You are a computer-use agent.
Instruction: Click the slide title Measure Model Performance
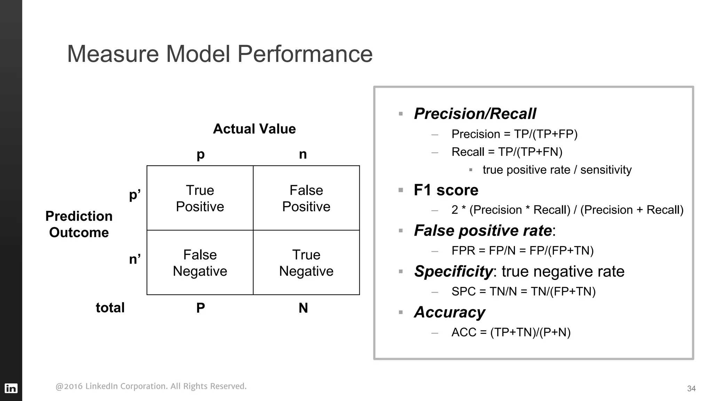tap(219, 54)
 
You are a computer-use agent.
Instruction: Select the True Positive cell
tap(200, 198)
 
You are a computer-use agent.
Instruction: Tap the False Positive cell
tap(306, 198)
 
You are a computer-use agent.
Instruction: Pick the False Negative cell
tap(200, 263)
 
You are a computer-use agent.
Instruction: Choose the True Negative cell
tap(306, 263)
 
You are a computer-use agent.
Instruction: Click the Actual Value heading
tap(254, 129)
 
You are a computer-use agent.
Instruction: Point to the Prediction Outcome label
tap(79, 224)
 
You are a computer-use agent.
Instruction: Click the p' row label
tap(135, 195)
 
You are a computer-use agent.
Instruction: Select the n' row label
tap(135, 259)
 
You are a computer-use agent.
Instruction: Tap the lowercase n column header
tap(303, 154)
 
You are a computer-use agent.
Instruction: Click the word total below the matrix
tap(110, 308)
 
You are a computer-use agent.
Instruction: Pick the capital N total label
tap(303, 308)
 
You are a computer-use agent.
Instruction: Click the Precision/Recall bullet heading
tap(475, 114)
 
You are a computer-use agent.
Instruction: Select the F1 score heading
tap(446, 190)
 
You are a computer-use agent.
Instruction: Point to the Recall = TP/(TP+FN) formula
tap(507, 152)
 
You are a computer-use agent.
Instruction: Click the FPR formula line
tap(522, 250)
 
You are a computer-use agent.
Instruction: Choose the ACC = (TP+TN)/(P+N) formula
tap(511, 332)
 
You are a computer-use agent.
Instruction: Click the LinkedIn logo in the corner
tap(11, 388)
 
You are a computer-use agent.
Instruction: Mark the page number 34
tap(691, 388)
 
